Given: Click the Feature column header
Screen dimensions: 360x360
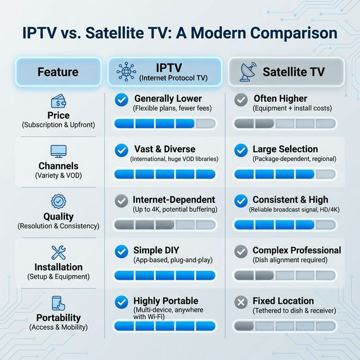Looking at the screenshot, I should [58, 72].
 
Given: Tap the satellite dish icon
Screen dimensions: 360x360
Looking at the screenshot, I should [247, 72].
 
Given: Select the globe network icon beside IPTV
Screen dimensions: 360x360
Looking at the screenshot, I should [125, 72].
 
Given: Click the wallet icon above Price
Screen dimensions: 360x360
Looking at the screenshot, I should [58, 102].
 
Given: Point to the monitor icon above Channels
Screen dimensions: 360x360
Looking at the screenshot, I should [58, 151].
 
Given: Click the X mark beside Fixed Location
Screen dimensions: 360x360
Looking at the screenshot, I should [241, 302].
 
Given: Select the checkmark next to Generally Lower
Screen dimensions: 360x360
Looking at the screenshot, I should [120, 100].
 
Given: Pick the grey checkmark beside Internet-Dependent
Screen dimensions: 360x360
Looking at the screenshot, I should [120, 200].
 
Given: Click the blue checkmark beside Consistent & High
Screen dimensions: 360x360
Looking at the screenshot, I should [241, 200].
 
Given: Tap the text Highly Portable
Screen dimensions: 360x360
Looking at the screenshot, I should [166, 301].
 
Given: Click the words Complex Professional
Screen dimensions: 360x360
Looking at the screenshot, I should [296, 250].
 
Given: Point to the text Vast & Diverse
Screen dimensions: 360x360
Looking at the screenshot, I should [165, 149].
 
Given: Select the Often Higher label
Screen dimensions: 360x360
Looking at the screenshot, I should [281, 98].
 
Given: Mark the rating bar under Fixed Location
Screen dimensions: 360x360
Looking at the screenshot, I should [285, 326].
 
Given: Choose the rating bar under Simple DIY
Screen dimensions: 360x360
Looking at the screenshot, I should [164, 275].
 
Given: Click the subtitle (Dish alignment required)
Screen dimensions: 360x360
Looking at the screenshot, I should [290, 260].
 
